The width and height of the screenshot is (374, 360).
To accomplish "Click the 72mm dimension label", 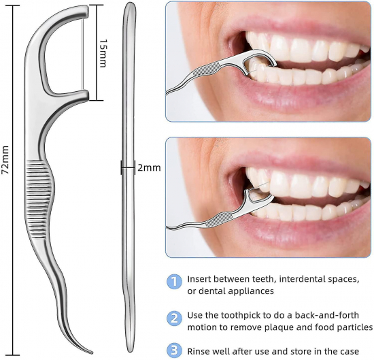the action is click(5, 159).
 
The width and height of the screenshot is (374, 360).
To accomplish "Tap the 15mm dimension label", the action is click(103, 54).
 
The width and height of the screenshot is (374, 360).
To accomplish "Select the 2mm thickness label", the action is click(149, 168).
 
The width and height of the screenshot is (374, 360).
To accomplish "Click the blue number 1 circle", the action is click(174, 282).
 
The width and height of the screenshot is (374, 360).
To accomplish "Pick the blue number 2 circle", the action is click(174, 318).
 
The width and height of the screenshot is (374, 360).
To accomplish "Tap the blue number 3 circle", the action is click(174, 350).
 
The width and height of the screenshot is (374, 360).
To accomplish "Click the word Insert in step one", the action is click(200, 279).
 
